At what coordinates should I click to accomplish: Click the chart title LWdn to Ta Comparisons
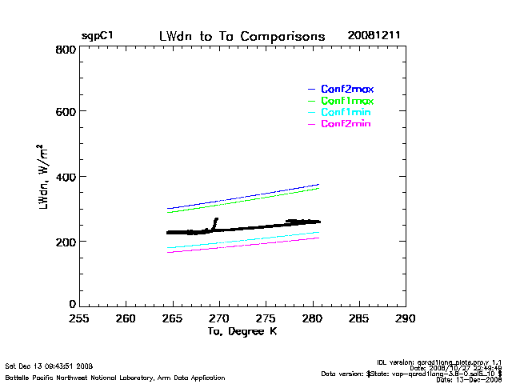(242, 37)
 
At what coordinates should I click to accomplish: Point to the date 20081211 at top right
(374, 37)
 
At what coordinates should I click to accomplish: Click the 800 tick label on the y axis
(66, 50)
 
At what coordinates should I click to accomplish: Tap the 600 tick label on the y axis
(66, 113)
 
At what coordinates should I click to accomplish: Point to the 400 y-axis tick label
(66, 177)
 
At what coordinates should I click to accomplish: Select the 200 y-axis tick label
(66, 241)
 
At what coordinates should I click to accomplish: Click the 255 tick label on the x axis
(78, 318)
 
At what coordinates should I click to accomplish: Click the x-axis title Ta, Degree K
(242, 331)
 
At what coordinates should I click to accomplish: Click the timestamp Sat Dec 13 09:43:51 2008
(49, 366)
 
